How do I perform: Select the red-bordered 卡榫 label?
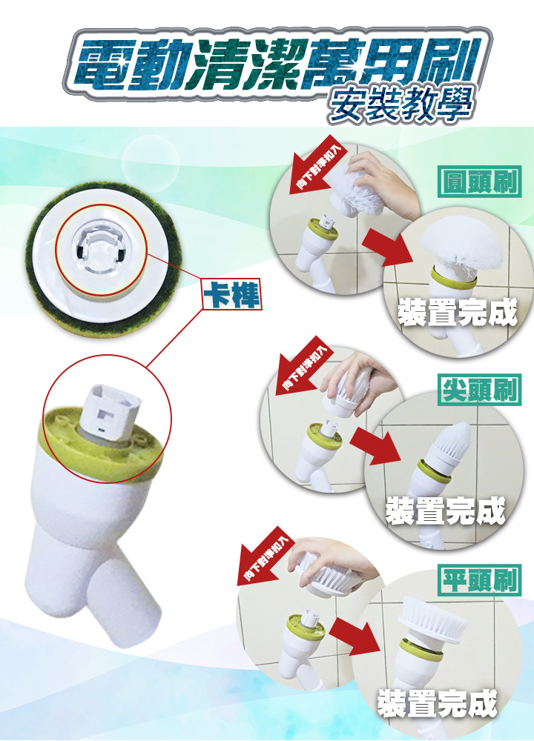point(231,294)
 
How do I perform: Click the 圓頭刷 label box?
point(479,182)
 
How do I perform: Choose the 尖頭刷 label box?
point(479,390)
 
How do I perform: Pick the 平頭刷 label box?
point(479,580)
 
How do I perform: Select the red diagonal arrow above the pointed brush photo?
point(303,366)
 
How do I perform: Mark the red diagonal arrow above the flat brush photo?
point(266,556)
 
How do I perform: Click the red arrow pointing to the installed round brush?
point(389,246)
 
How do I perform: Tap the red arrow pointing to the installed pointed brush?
point(376,445)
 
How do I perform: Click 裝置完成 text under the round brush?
point(458,313)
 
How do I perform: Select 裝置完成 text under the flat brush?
point(438,704)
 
